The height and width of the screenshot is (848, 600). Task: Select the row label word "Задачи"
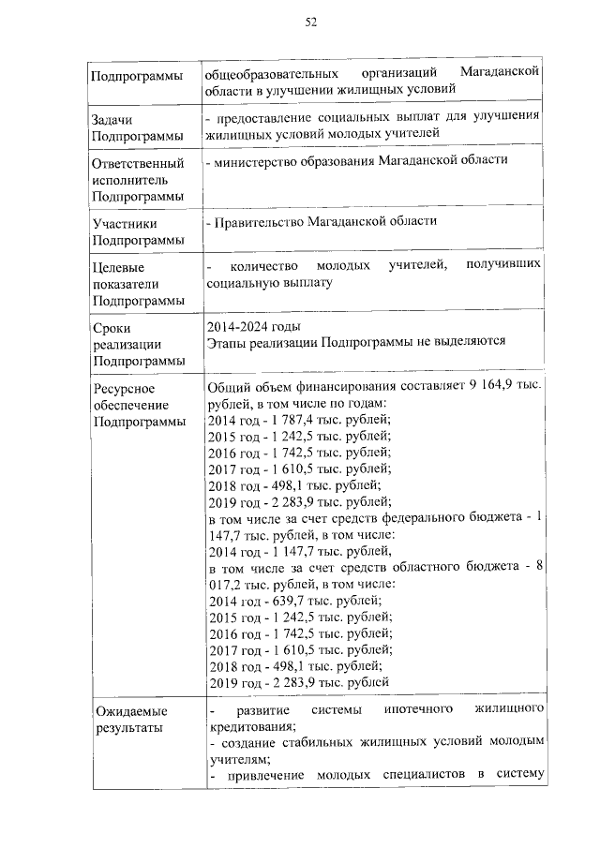[112, 120]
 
